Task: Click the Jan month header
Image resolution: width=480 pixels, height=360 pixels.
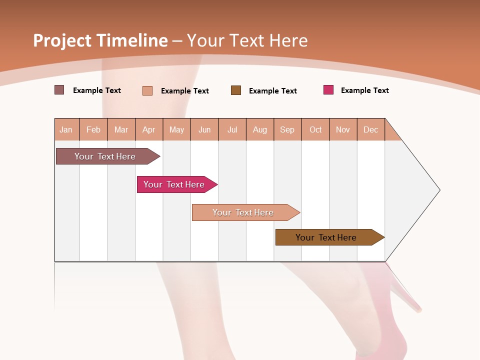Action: coord(66,130)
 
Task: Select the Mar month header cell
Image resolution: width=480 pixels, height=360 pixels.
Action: coord(121,130)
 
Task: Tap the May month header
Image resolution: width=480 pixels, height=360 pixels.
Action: coord(176,130)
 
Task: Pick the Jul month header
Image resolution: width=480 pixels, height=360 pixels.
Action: coord(232,130)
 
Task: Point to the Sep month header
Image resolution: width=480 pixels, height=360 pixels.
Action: coord(287,130)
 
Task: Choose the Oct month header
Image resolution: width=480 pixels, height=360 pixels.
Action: coord(315,130)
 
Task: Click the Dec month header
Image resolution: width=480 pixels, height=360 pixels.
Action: coord(370,130)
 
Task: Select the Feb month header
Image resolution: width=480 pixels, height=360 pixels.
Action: coord(93,130)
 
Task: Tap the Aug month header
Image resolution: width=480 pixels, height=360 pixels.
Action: coord(259,130)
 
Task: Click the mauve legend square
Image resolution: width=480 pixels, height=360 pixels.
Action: coord(59,90)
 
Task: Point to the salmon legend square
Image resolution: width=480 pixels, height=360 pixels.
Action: coord(147,90)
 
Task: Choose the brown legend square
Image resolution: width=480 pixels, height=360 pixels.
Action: coord(236,90)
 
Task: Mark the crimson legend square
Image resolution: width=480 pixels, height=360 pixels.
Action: coord(328,90)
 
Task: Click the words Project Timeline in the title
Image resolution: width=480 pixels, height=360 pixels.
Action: coord(100,40)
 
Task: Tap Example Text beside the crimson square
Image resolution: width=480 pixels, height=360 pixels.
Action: coord(364,90)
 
